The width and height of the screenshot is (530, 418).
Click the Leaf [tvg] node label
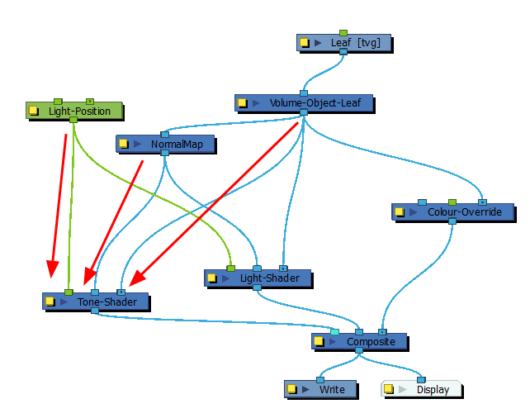(355, 42)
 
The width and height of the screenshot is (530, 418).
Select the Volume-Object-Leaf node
(314, 103)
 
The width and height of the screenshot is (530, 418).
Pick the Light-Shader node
(264, 278)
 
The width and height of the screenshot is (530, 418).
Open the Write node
(331, 389)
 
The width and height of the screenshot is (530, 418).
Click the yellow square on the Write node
(291, 389)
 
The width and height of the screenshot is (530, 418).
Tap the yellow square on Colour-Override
(398, 212)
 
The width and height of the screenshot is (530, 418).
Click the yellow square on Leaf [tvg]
(304, 42)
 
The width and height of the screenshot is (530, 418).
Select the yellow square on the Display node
(388, 389)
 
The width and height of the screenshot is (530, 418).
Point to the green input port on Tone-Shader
(69, 292)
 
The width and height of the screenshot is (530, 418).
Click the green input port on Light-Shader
(230, 268)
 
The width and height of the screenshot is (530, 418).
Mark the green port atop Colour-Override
(452, 202)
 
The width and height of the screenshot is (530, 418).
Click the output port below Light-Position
(73, 121)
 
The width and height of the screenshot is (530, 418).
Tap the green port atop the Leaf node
(343, 33)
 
